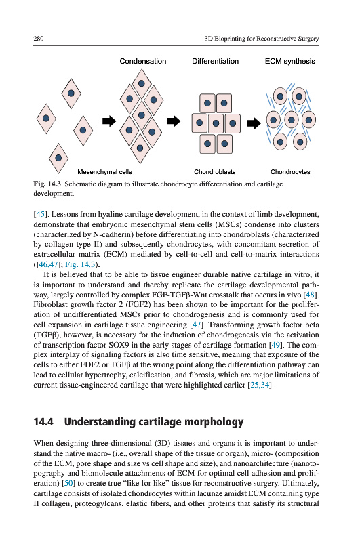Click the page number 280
pos(39,39)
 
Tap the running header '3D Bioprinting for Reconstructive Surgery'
pos(262,39)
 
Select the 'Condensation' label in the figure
pos(143,61)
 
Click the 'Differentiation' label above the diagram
pos(215,61)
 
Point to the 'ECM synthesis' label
pos(289,61)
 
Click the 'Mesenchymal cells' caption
pos(104,172)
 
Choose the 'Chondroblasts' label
pos(214,172)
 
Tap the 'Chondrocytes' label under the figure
pos(290,172)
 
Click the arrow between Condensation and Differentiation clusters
pos(174,121)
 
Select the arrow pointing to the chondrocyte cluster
pos(254,123)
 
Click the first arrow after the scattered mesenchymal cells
pos(109,121)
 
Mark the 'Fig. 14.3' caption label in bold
pos(47,184)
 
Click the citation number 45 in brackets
pos(40,214)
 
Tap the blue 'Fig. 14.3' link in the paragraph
pos(80,264)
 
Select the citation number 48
pos(311,295)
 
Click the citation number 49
pos(276,345)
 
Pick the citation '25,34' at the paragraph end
pos(260,385)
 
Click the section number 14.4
pos(43,422)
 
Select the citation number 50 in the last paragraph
pos(68,483)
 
